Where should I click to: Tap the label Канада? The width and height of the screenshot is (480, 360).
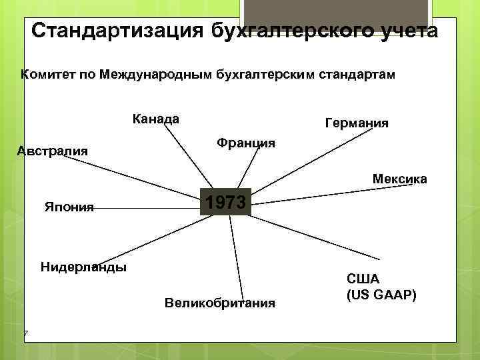[x=156, y=119]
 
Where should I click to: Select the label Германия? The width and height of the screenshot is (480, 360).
[x=357, y=123]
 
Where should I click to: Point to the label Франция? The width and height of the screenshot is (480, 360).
[x=246, y=143]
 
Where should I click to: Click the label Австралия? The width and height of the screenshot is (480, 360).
[x=52, y=151]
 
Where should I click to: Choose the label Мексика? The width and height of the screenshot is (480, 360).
[x=400, y=179]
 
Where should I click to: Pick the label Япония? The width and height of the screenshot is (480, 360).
[x=69, y=207]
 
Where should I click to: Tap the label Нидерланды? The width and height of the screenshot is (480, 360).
[x=83, y=267]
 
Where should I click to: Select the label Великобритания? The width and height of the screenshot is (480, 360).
[x=219, y=303]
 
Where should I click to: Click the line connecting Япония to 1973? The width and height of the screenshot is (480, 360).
[x=147, y=207]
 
